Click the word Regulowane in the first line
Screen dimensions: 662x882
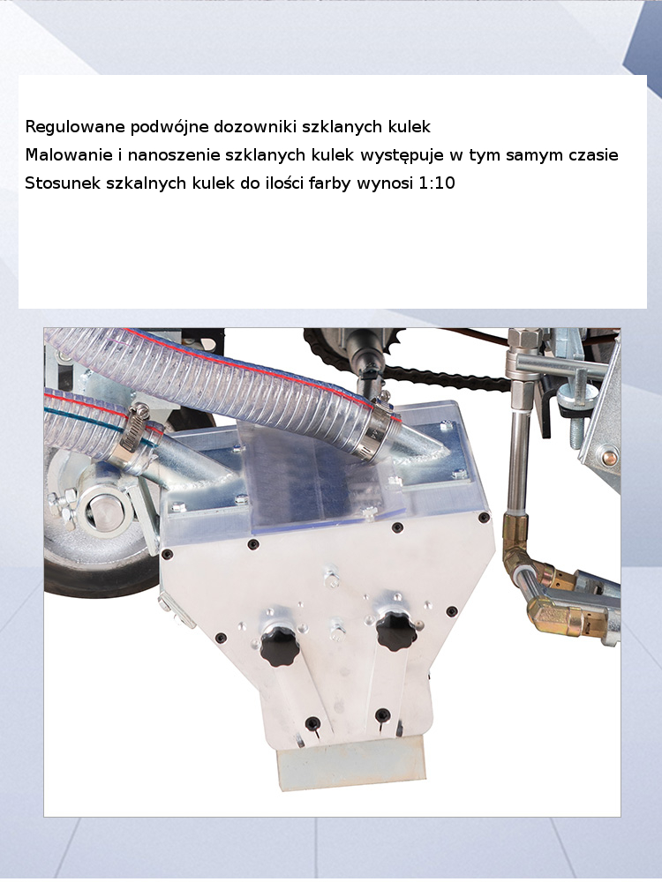75,126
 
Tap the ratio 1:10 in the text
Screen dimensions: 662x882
436,183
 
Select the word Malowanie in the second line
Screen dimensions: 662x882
69,154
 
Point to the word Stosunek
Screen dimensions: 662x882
63,183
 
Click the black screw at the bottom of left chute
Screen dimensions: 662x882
312,723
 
